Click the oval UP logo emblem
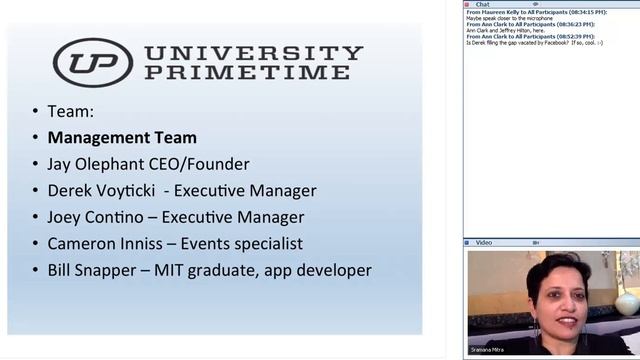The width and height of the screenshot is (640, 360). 91,62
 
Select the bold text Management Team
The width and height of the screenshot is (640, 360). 122,138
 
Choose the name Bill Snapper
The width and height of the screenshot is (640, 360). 98,270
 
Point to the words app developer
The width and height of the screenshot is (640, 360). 319,270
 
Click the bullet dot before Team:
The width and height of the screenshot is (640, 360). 35,112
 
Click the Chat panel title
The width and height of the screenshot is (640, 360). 482,4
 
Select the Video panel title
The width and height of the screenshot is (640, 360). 484,242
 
